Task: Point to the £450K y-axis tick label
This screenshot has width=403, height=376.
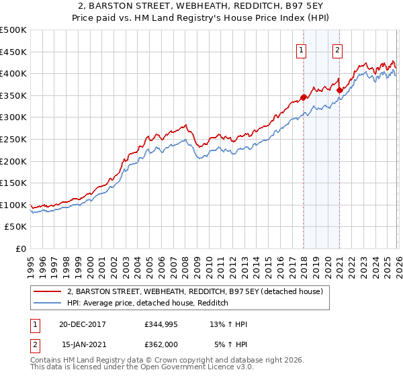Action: point(13,52)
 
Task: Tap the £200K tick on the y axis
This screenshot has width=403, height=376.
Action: point(13,161)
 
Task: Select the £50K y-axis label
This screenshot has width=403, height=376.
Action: point(16,227)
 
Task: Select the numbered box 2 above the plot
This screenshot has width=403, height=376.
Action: point(337,49)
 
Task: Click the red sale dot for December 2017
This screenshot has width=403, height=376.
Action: point(303,97)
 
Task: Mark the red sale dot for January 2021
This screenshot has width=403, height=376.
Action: point(339,90)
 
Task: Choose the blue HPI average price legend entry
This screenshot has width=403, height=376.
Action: point(148,303)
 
